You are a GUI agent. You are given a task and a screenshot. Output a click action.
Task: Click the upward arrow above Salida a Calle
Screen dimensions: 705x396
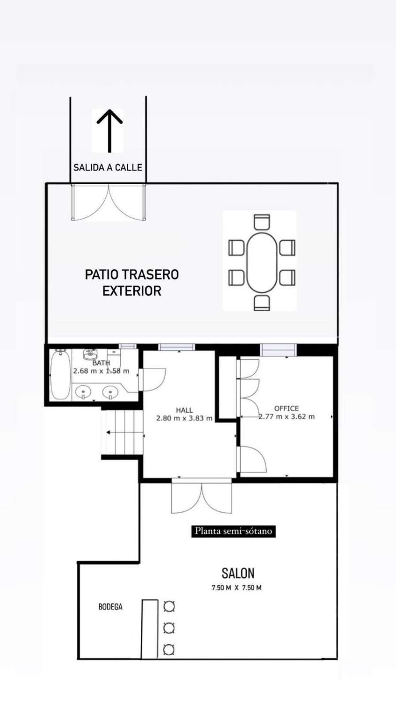pos(109,131)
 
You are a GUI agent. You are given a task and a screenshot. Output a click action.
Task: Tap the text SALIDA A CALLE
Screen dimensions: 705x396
pos(108,167)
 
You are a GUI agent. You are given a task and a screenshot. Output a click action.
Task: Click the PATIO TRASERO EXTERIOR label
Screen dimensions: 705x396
pos(132,282)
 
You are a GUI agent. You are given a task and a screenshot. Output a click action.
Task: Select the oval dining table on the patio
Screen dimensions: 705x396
pos(262,262)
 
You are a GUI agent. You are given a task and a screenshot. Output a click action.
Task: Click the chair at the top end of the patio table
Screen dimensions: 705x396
pos(262,222)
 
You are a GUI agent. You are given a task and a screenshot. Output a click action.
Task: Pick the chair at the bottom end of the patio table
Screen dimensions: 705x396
pos(262,303)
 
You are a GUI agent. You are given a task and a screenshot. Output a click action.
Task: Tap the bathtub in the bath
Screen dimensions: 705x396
pos(60,375)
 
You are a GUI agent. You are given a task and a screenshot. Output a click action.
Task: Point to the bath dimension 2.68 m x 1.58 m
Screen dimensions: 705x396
pos(101,371)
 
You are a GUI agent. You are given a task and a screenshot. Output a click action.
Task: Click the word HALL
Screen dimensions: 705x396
pos(184,410)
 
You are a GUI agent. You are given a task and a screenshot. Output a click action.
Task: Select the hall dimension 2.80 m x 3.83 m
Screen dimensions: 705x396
pos(184,418)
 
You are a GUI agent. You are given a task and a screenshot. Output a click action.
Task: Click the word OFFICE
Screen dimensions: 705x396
pos(287,408)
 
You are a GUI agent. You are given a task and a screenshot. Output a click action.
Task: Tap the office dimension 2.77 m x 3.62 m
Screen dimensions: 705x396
pos(287,416)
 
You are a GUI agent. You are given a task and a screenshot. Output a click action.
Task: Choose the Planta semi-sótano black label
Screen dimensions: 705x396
pos(233,531)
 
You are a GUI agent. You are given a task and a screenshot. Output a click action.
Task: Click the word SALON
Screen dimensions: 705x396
pos(238,573)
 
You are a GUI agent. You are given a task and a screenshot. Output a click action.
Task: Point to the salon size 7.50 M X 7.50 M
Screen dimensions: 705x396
pos(236,587)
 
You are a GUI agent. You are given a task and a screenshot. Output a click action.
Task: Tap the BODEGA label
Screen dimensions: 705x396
pos(110,607)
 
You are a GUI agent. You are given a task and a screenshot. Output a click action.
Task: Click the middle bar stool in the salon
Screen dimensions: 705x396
pos(169,628)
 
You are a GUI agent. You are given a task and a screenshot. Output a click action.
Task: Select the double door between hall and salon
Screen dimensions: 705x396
pos(202,496)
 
